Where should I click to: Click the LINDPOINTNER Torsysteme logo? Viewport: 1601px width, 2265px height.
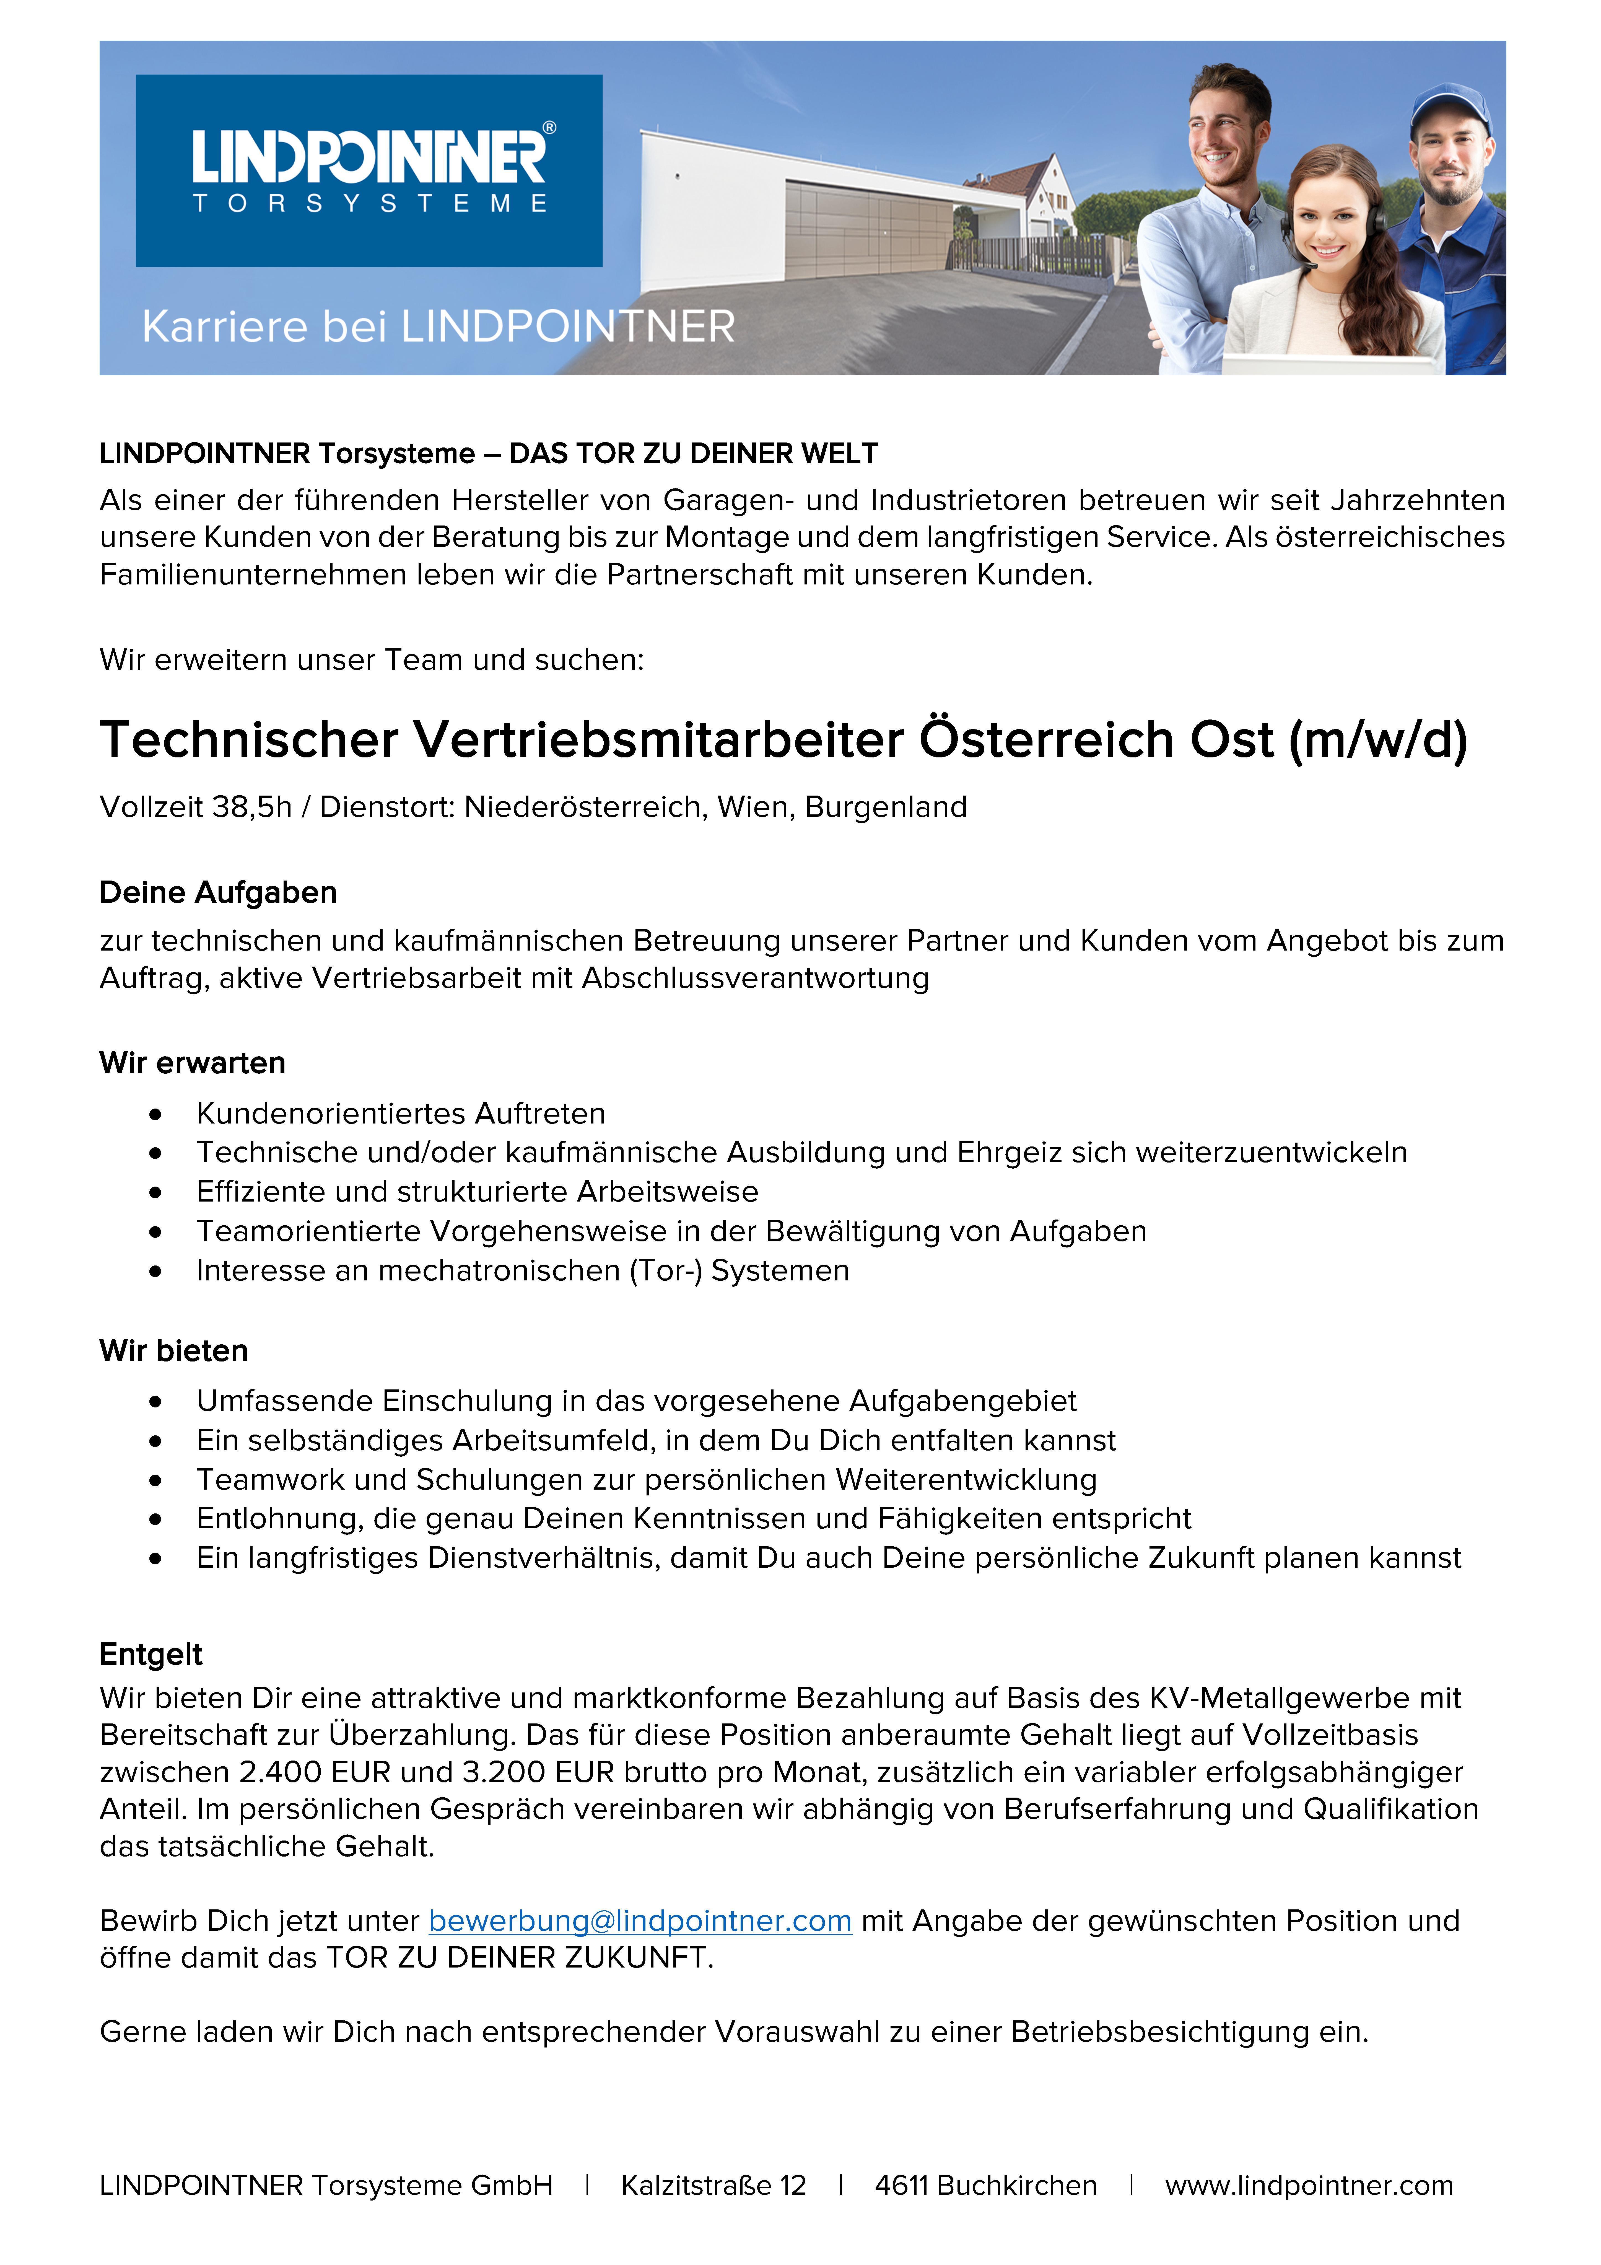click(x=369, y=170)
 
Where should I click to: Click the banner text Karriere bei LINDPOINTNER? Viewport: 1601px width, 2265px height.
click(x=438, y=327)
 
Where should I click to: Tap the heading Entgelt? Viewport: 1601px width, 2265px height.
click(x=151, y=1654)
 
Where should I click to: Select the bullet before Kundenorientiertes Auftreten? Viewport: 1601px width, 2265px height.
click(x=155, y=1115)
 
